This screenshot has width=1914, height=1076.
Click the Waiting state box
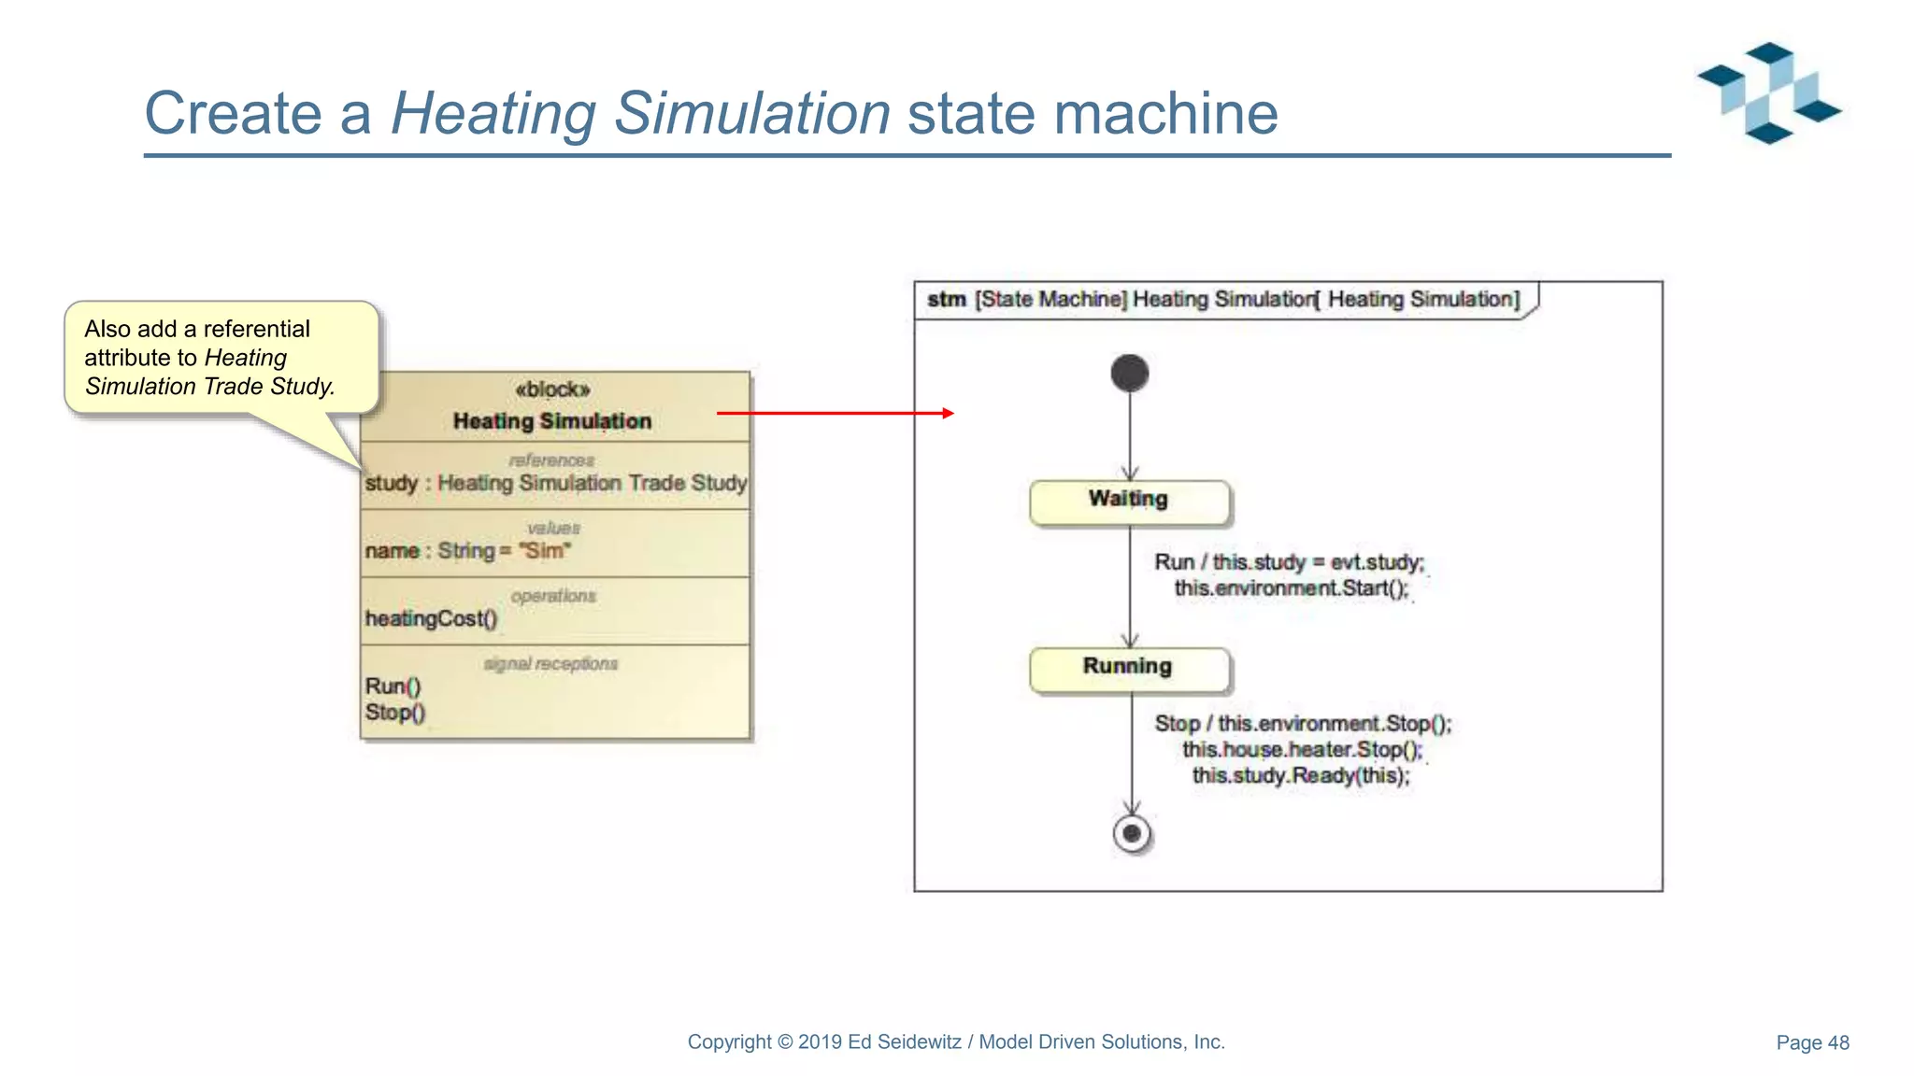tap(1129, 502)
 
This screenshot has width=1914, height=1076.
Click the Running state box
tap(1129, 669)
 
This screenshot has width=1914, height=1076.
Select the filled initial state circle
tap(1129, 374)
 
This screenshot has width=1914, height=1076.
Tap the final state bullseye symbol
tap(1132, 833)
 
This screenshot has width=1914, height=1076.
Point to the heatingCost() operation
tap(431, 618)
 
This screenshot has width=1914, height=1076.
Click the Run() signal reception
tap(393, 687)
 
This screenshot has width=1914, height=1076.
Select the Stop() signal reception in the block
tap(394, 713)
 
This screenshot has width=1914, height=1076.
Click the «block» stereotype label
tap(552, 389)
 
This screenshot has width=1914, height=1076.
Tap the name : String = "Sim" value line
tap(467, 551)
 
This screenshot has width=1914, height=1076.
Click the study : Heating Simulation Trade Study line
tap(556, 483)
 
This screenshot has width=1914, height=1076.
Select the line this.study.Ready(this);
tap(1300, 776)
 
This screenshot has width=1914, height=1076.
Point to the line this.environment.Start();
tap(1291, 588)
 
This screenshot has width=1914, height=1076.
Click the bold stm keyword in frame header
tap(946, 300)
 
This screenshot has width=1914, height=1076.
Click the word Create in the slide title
tap(233, 114)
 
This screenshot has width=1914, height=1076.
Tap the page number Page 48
tap(1812, 1042)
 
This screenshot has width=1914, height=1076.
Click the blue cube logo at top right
tap(1768, 92)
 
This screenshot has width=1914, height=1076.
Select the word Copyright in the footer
tap(729, 1042)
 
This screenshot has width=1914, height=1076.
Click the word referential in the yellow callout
tap(256, 330)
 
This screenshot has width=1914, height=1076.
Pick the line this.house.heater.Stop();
tap(1302, 750)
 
